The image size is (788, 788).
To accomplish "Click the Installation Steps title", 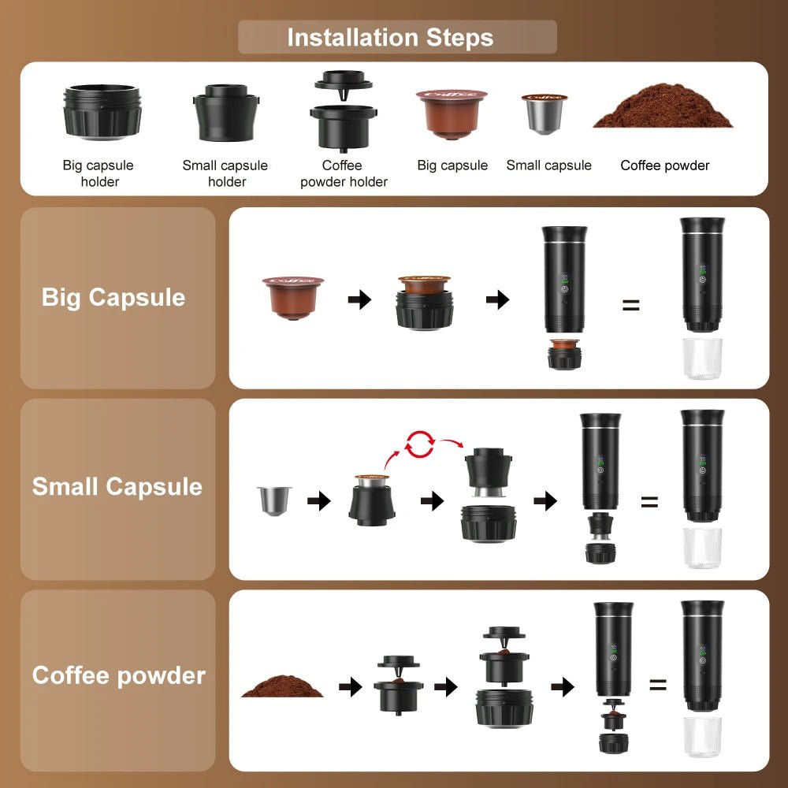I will click(390, 37).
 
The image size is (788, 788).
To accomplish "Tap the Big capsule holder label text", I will click(98, 173).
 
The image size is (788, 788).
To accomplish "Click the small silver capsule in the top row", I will click(544, 113).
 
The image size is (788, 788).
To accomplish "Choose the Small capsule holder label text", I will click(225, 173).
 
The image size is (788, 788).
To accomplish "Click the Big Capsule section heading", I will click(113, 297).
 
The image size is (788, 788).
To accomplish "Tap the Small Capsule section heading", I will click(117, 486).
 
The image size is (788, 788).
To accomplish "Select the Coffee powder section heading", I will click(119, 675).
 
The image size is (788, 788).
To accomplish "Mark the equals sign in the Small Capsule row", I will click(649, 501).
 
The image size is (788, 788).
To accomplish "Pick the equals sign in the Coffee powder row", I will click(658, 685).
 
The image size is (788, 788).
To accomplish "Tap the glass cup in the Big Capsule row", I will click(702, 359).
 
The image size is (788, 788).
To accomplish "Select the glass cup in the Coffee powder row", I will click(702, 737).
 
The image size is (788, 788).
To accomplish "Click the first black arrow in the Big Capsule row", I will click(359, 299).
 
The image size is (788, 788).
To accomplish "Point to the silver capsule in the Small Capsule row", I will click(274, 500).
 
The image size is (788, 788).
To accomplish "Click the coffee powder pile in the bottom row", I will click(282, 686).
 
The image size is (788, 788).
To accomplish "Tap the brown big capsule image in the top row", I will click(452, 113).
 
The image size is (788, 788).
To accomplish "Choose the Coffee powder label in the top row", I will click(665, 165).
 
